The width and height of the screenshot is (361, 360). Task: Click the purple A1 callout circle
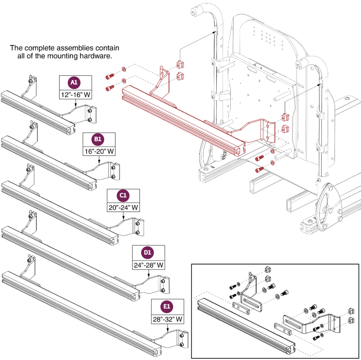click(x=74, y=83)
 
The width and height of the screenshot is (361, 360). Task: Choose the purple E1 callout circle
click(x=167, y=307)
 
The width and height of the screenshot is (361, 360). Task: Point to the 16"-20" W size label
click(x=99, y=151)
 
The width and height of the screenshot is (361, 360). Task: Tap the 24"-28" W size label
click(x=148, y=265)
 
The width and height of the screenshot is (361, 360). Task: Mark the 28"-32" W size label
click(x=167, y=319)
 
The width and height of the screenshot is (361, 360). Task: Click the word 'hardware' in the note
click(x=96, y=56)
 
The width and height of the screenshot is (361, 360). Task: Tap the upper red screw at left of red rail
click(x=110, y=74)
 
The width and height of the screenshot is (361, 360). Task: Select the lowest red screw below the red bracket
click(x=260, y=170)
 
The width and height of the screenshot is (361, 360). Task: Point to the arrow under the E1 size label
click(x=167, y=328)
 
